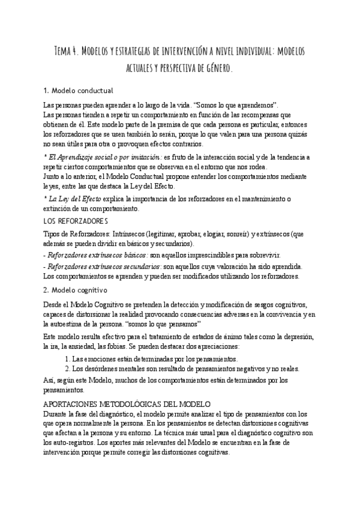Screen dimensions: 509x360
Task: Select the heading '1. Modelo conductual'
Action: (79, 91)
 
